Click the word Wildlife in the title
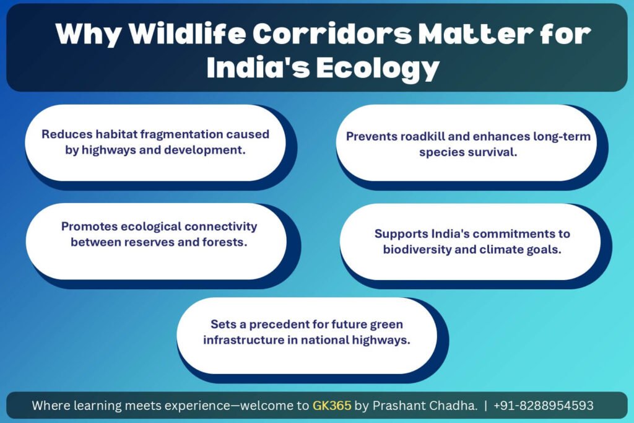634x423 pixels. coord(187,33)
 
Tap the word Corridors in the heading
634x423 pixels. coord(332,33)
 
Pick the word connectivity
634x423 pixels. coord(221,227)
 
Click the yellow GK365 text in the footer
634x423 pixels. coord(332,405)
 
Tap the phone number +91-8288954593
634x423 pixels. coord(544,405)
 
